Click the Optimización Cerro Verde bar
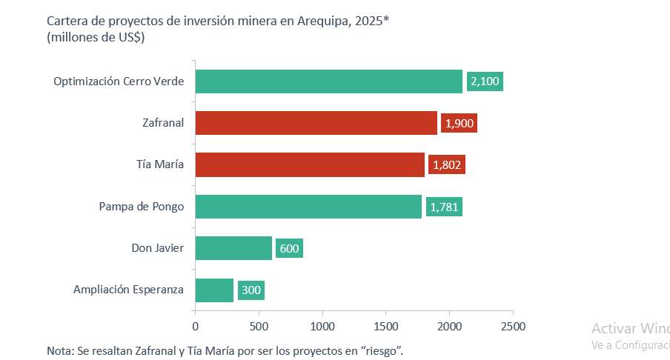click(x=329, y=81)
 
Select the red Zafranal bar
click(x=316, y=123)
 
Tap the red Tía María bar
click(x=310, y=164)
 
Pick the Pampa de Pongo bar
click(x=308, y=207)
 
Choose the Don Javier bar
click(x=233, y=248)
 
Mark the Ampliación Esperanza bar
click(x=214, y=290)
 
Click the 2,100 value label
click(x=485, y=81)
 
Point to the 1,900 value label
click(x=459, y=123)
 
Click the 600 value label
click(x=289, y=248)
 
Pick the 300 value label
click(x=251, y=290)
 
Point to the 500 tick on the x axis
click(x=259, y=326)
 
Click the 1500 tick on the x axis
click(x=385, y=326)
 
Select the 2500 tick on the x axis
click(x=513, y=326)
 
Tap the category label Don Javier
click(x=152, y=248)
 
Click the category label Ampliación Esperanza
click(x=128, y=290)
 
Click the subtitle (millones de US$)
click(x=95, y=38)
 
